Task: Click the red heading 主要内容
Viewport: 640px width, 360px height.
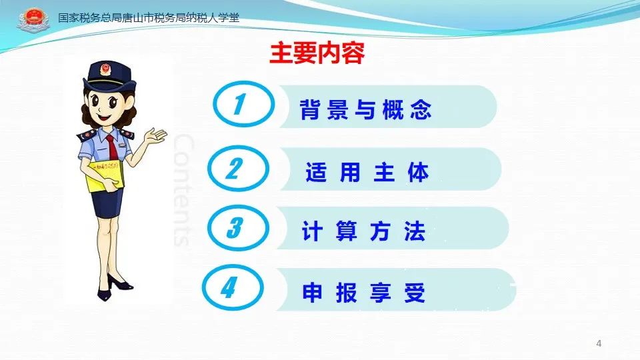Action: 317,53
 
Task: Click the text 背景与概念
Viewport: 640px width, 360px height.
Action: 366,109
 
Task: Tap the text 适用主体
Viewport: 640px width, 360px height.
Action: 367,172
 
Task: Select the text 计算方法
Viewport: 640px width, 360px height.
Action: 364,231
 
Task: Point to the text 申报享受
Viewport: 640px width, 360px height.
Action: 364,292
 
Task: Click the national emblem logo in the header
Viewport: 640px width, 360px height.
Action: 33,19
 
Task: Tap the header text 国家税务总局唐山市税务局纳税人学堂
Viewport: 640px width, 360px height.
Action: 149,17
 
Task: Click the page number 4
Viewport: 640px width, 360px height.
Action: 599,343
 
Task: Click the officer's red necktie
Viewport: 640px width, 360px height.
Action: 111,147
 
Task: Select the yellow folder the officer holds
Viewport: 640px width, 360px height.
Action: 105,175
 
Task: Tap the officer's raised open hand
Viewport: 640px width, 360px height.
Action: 155,136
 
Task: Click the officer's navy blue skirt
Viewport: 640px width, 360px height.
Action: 107,203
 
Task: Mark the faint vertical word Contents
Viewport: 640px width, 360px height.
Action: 183,190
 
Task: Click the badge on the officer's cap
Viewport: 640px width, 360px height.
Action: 106,69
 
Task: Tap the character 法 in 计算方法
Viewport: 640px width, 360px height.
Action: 415,231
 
